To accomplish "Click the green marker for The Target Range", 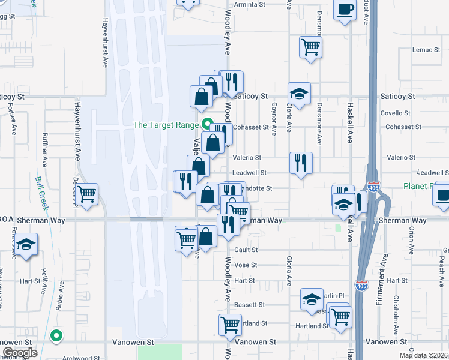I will [208, 125].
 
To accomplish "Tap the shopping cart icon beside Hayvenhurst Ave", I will [87, 194].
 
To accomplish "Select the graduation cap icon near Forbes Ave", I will [26, 245].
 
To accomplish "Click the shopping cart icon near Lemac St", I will [310, 47].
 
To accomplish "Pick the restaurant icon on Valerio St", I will [301, 163].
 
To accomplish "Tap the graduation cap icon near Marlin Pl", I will [312, 299].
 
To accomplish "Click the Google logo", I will [20, 353].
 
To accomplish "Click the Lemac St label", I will [427, 49].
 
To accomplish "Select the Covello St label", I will [394, 113].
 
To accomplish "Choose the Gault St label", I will [246, 250].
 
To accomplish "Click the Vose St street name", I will [246, 265].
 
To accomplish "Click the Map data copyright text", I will [423, 355].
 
